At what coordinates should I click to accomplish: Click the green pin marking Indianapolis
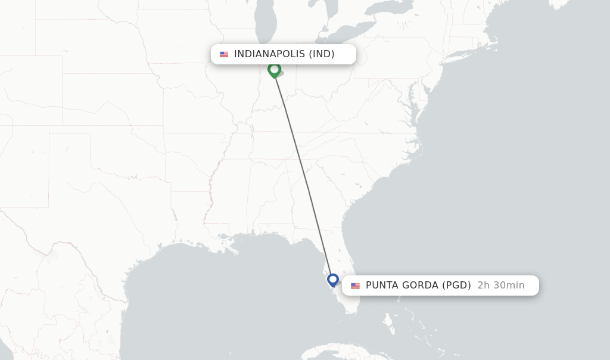[x=274, y=70]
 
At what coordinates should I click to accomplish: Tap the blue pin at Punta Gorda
[x=333, y=280]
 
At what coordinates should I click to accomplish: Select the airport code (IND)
[x=322, y=54]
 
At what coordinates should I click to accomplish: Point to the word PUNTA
[x=382, y=285]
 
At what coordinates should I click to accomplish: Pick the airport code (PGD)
[x=456, y=285]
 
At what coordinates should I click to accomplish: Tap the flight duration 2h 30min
[x=501, y=285]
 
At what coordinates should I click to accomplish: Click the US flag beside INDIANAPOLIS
[x=224, y=54]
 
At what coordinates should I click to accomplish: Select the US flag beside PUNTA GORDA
[x=356, y=285]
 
